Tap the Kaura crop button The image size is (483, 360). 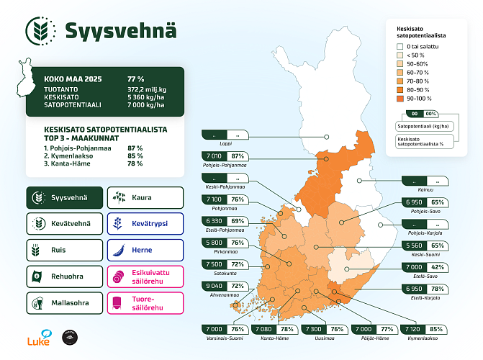click(143, 197)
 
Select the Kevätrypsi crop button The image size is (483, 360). click(143, 224)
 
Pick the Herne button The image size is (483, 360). click(143, 251)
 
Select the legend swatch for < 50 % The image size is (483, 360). click(400, 55)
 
